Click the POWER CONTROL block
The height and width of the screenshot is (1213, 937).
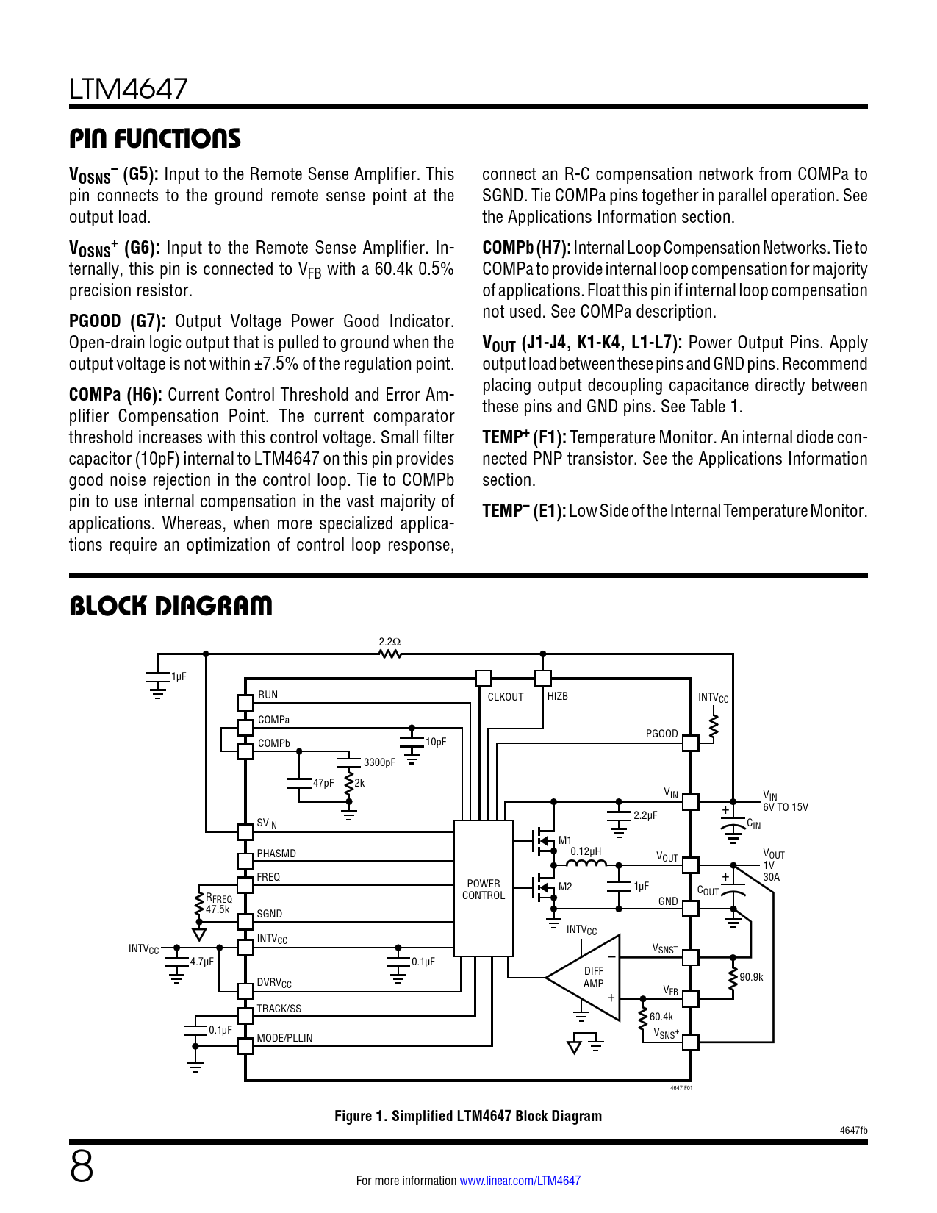coord(484,889)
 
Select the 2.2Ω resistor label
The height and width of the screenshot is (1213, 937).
coord(389,642)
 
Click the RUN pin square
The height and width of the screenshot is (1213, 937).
coord(245,703)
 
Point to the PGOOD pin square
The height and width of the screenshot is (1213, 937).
coord(690,743)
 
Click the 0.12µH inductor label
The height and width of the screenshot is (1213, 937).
coord(586,851)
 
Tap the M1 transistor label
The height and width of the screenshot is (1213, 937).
coord(565,840)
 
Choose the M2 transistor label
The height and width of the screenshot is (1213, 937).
coord(565,887)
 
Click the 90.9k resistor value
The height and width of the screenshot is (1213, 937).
coord(751,977)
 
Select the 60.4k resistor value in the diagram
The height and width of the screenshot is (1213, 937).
coord(661,1017)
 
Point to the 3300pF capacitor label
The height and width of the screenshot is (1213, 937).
coord(379,762)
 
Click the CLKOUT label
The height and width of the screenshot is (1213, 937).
coord(506,697)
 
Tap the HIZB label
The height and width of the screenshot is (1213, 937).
coord(558,696)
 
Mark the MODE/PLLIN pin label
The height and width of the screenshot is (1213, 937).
coord(284,1038)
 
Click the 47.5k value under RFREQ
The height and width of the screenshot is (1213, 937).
coord(218,909)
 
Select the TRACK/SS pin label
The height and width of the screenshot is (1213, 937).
coord(279,1009)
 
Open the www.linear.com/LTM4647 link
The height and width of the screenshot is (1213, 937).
coord(520,1181)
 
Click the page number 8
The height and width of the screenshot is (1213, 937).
coord(82,1167)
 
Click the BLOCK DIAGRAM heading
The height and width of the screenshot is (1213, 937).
coord(170,606)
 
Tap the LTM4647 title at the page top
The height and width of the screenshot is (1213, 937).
coord(129,89)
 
